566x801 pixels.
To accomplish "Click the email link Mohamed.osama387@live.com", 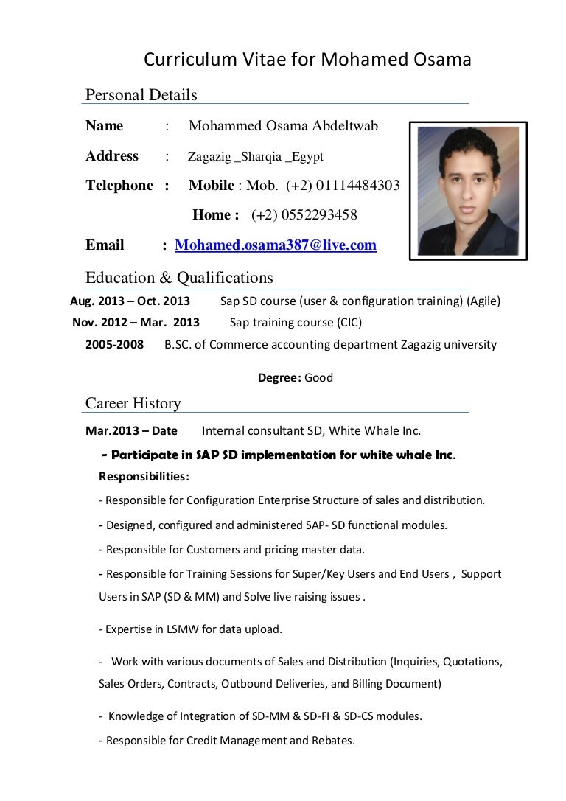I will click(x=276, y=245).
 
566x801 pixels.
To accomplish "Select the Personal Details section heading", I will click(x=141, y=95).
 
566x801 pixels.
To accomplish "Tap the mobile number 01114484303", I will click(x=358, y=186).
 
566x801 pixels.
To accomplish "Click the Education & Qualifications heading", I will click(x=179, y=278).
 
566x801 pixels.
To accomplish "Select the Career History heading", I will click(x=133, y=403).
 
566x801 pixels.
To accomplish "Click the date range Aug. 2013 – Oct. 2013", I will click(x=130, y=301).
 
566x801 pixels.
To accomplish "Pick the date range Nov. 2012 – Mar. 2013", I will click(x=136, y=323).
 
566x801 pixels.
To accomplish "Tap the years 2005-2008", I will click(x=114, y=344).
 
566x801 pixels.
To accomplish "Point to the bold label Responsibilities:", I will click(x=144, y=477).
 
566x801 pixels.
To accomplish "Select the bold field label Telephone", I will click(x=119, y=186).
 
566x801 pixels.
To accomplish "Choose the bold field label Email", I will click(x=105, y=245).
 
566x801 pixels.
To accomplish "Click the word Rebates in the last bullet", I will click(x=332, y=741).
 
